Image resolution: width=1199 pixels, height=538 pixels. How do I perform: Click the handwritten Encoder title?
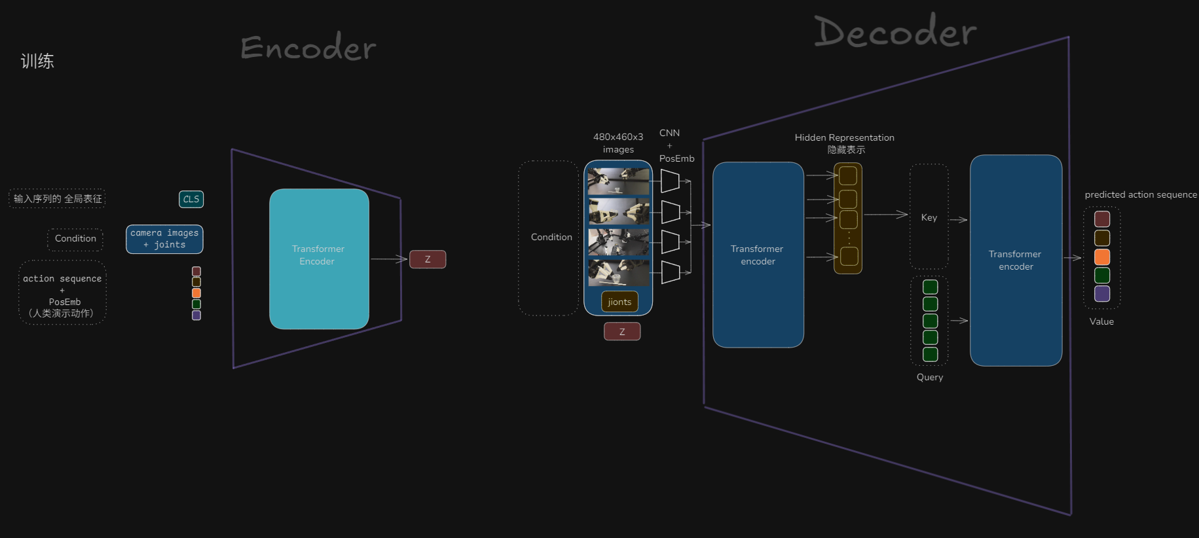click(x=308, y=47)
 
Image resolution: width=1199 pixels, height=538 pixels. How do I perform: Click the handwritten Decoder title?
click(x=895, y=32)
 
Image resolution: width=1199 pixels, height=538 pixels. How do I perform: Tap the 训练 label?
click(x=37, y=61)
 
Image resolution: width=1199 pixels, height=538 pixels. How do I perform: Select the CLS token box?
click(x=191, y=199)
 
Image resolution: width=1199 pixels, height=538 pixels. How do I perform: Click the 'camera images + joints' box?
click(x=164, y=239)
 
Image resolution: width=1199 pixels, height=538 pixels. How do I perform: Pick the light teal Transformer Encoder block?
click(x=319, y=259)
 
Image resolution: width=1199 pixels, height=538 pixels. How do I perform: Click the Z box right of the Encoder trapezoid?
click(x=428, y=259)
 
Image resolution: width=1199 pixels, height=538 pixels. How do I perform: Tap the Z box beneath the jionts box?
click(x=622, y=331)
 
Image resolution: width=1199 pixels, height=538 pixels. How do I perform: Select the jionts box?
click(x=619, y=302)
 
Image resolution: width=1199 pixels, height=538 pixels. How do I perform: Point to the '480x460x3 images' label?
click(x=618, y=143)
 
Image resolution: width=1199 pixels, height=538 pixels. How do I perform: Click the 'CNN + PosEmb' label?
click(x=676, y=145)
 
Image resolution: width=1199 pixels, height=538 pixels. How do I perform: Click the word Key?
click(x=929, y=217)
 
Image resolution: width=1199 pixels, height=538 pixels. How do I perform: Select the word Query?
click(x=930, y=377)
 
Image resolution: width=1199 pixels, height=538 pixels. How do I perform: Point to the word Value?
click(x=1101, y=321)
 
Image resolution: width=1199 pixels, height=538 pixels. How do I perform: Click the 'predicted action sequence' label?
click(x=1141, y=194)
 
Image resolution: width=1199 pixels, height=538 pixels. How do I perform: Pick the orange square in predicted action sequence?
click(x=1102, y=257)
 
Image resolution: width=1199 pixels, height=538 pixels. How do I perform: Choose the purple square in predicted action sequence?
click(x=1102, y=293)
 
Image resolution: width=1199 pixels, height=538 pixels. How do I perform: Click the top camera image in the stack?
click(x=618, y=181)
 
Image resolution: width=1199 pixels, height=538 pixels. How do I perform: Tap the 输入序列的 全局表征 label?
click(x=58, y=198)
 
